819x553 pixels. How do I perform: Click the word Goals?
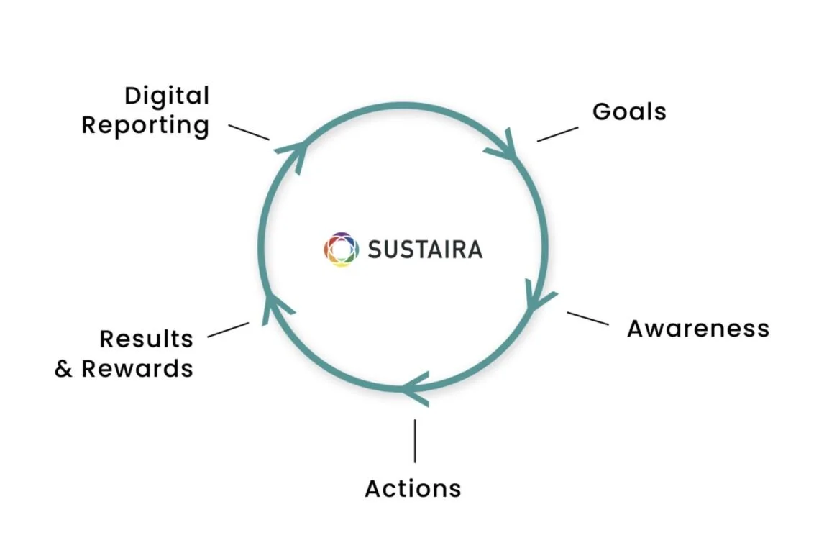click(629, 112)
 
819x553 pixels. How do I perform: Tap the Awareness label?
click(697, 329)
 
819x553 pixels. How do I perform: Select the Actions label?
click(413, 489)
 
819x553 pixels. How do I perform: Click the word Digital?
click(167, 96)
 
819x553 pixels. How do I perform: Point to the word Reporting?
click(145, 125)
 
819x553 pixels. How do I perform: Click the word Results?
click(146, 339)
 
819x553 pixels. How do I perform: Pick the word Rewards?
click(137, 369)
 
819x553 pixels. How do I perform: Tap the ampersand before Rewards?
click(64, 369)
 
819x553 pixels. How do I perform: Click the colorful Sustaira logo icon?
click(341, 250)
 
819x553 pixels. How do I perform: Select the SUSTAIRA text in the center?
click(425, 250)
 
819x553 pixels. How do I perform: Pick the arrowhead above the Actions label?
click(417, 389)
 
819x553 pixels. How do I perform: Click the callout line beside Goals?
click(557, 134)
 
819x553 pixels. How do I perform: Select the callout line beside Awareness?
click(587, 319)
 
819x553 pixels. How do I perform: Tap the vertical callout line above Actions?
click(415, 441)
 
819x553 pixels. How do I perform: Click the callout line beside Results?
click(228, 330)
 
